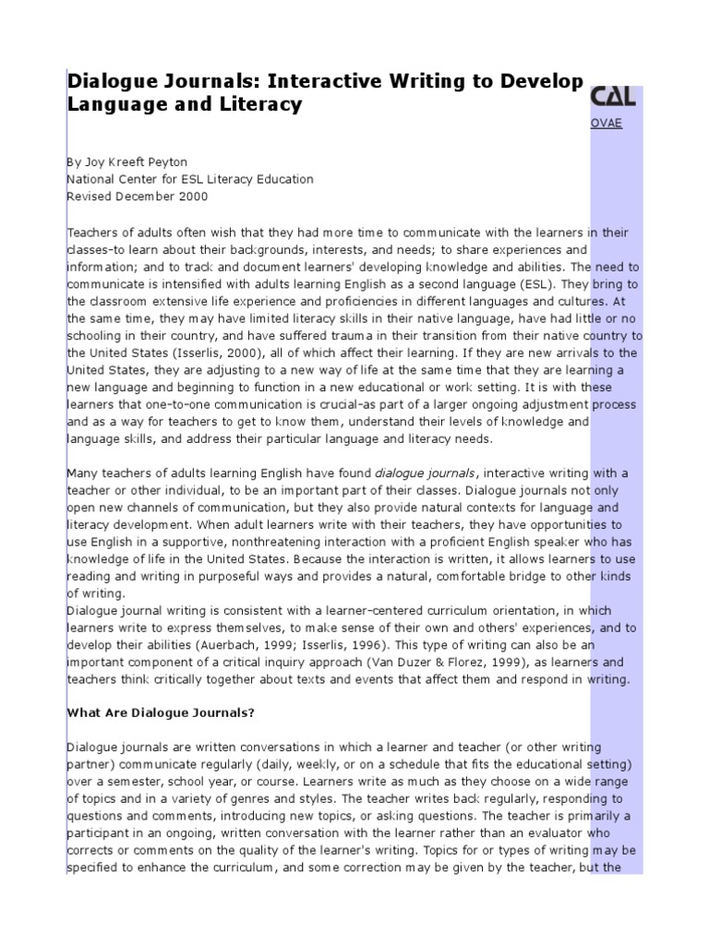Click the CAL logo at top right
click(613, 97)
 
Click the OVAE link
click(606, 124)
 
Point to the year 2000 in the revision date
click(193, 197)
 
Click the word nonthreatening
click(301, 543)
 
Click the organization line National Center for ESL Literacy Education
click(190, 179)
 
